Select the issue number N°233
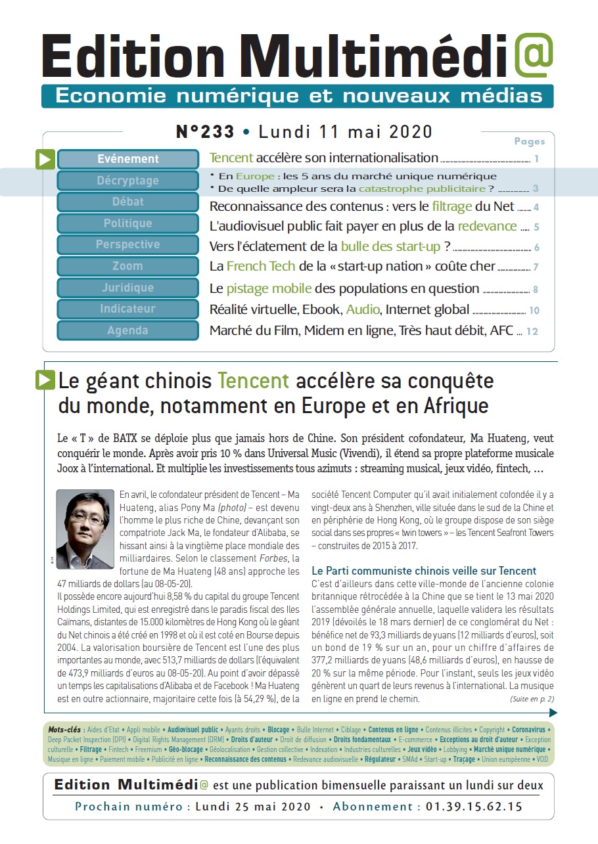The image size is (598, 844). coord(205,132)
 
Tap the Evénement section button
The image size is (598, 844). coord(128,159)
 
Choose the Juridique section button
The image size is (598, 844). coord(128,288)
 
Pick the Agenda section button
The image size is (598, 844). coord(128,330)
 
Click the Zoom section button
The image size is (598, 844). coord(128,266)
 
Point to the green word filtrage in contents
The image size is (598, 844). coord(452,206)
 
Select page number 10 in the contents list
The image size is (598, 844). coord(534,311)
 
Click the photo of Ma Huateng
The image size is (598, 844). coord(85,528)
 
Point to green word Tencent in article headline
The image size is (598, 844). coord(253,381)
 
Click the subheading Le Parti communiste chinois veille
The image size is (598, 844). coord(424,571)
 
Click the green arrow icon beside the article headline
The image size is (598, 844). coord(45,380)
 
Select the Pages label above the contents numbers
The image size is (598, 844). coord(529,141)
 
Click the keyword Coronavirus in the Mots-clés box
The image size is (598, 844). coord(528,730)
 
